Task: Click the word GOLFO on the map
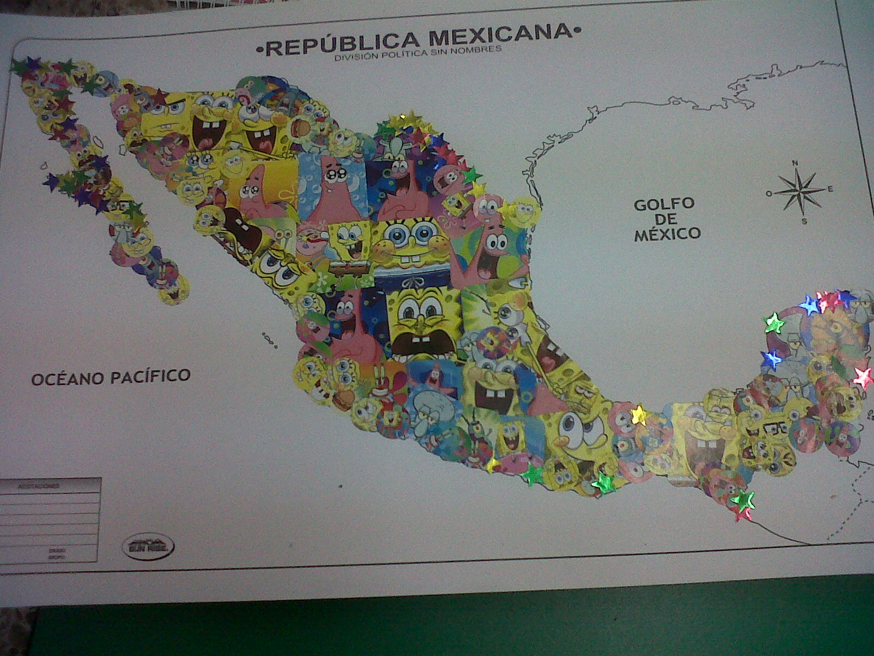(x=664, y=204)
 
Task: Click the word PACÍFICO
(x=151, y=376)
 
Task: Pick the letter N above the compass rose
(x=796, y=162)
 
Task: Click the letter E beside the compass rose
(x=830, y=189)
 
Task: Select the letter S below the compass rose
(x=804, y=221)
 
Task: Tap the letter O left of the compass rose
(x=769, y=193)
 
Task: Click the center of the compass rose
(x=799, y=191)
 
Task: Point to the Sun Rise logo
(x=149, y=547)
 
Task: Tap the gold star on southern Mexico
(x=638, y=415)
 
